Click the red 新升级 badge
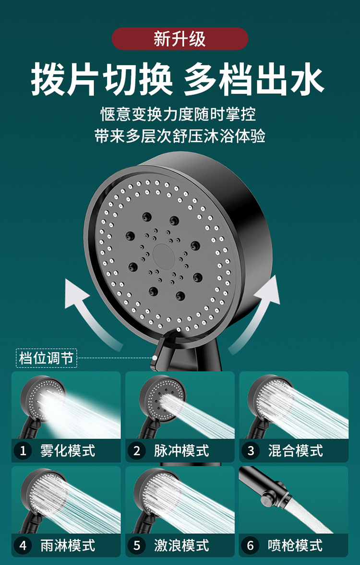[x=180, y=39]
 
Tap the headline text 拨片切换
[x=102, y=79]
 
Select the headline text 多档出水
[x=254, y=79]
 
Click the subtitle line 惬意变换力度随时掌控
[x=178, y=115]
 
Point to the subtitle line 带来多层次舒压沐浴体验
[x=180, y=136]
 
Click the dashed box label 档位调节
[x=47, y=358]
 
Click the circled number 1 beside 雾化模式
[x=23, y=451]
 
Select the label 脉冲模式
[x=181, y=451]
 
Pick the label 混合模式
[x=295, y=451]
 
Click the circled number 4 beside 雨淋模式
[x=23, y=546]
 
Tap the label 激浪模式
[x=181, y=546]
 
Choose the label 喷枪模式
[x=295, y=546]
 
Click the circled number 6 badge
[x=251, y=546]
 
